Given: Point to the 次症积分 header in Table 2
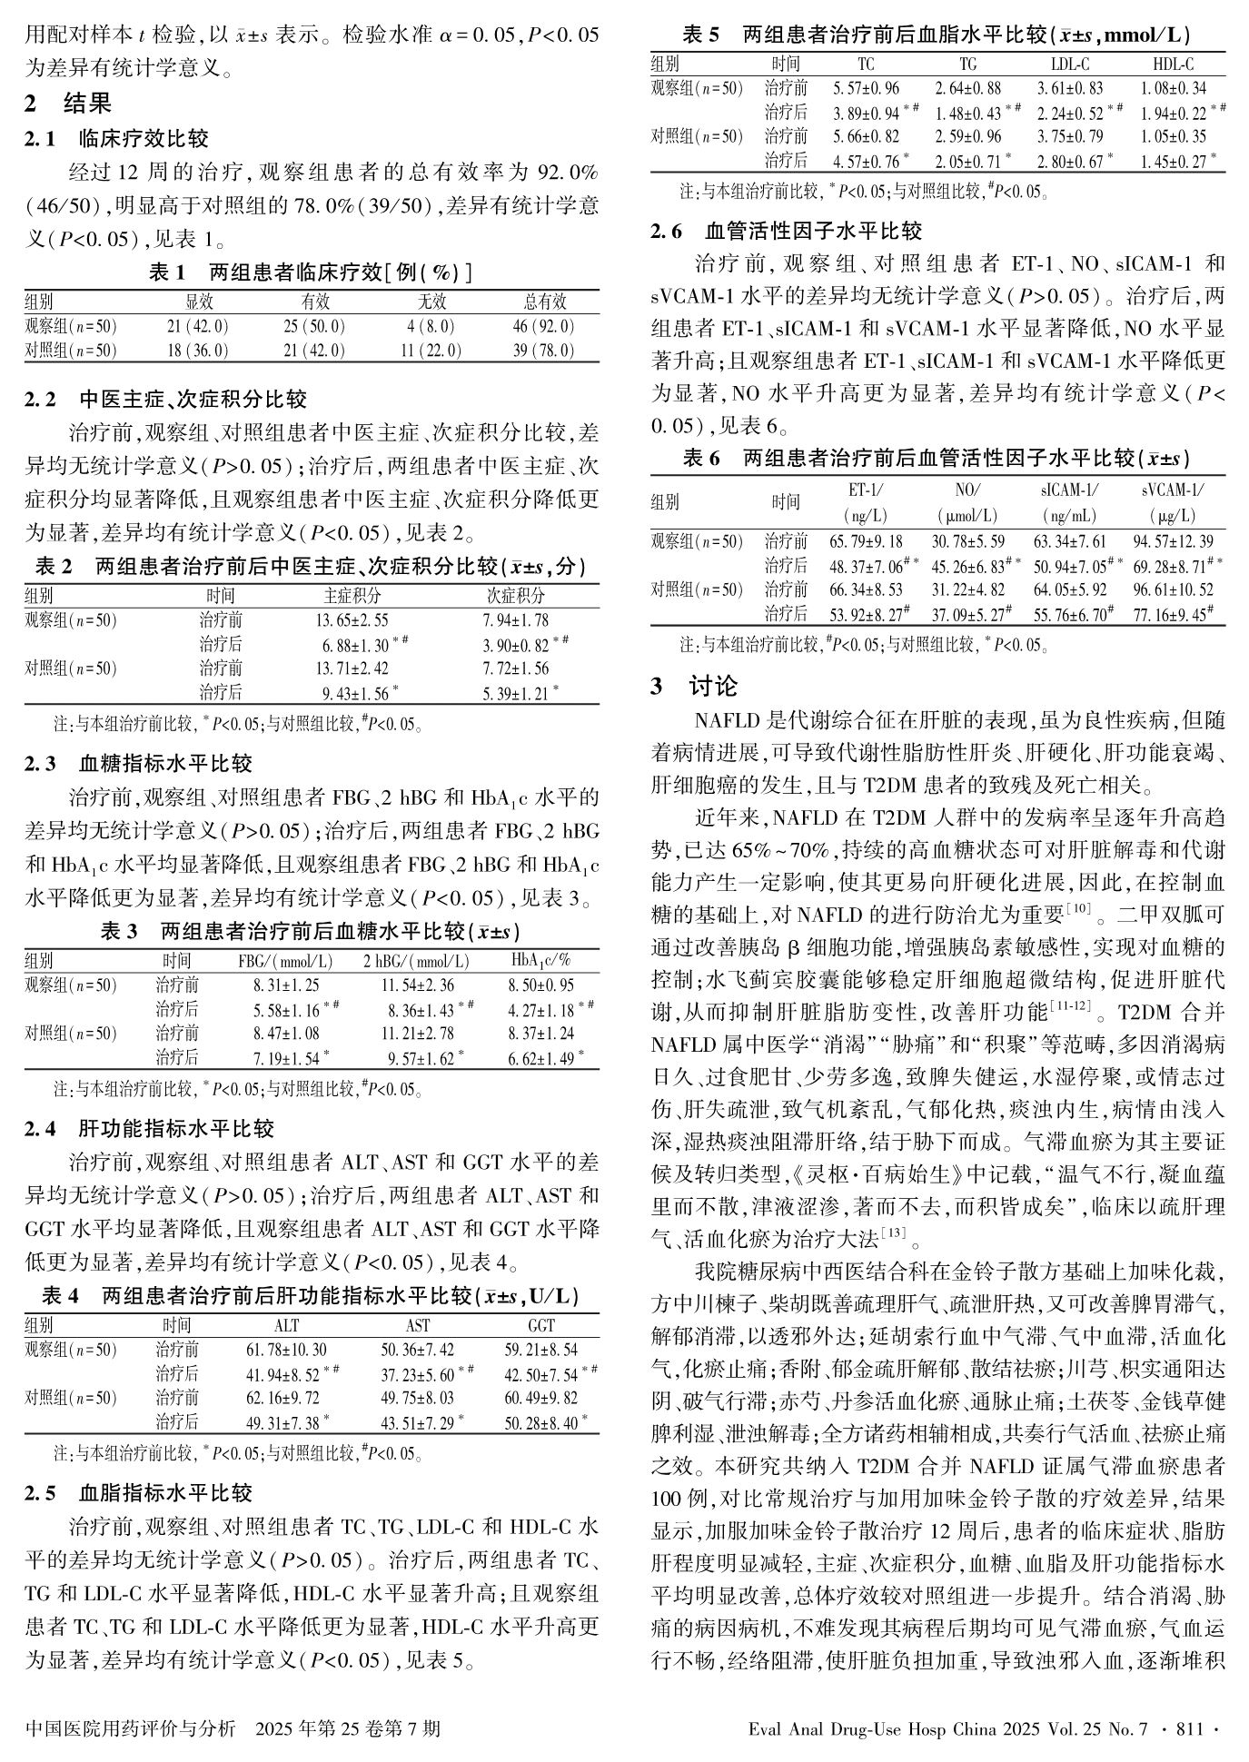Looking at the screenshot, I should point(516,597).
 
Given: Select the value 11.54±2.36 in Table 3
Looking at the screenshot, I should point(418,985).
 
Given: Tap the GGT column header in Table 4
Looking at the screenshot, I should point(541,1326).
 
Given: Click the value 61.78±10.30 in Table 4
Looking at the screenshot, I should point(286,1351).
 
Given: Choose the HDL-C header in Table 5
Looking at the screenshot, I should point(1174,64).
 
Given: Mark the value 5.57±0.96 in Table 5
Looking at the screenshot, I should point(867,89).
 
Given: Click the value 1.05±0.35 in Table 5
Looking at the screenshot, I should point(1174,137).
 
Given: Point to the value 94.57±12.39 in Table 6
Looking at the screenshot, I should point(1174,542).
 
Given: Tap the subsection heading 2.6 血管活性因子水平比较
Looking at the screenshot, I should point(787,231).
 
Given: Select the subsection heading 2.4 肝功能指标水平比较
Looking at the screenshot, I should point(150,1129).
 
